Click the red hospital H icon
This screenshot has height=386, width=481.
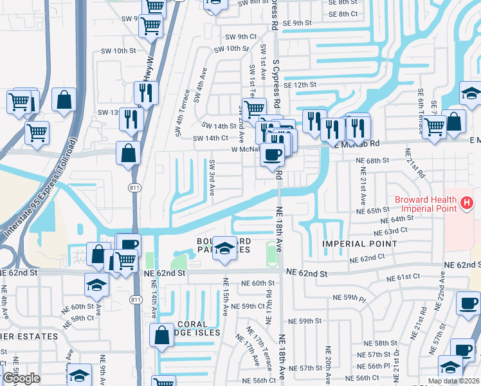(467, 205)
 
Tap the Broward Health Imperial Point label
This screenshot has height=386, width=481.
(430, 204)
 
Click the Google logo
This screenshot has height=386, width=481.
(21, 378)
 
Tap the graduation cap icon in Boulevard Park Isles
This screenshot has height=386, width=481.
(224, 248)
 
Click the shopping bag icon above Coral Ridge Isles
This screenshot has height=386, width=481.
(160, 335)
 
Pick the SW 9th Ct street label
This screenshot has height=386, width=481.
(241, 37)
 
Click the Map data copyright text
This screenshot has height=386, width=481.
(454, 381)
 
